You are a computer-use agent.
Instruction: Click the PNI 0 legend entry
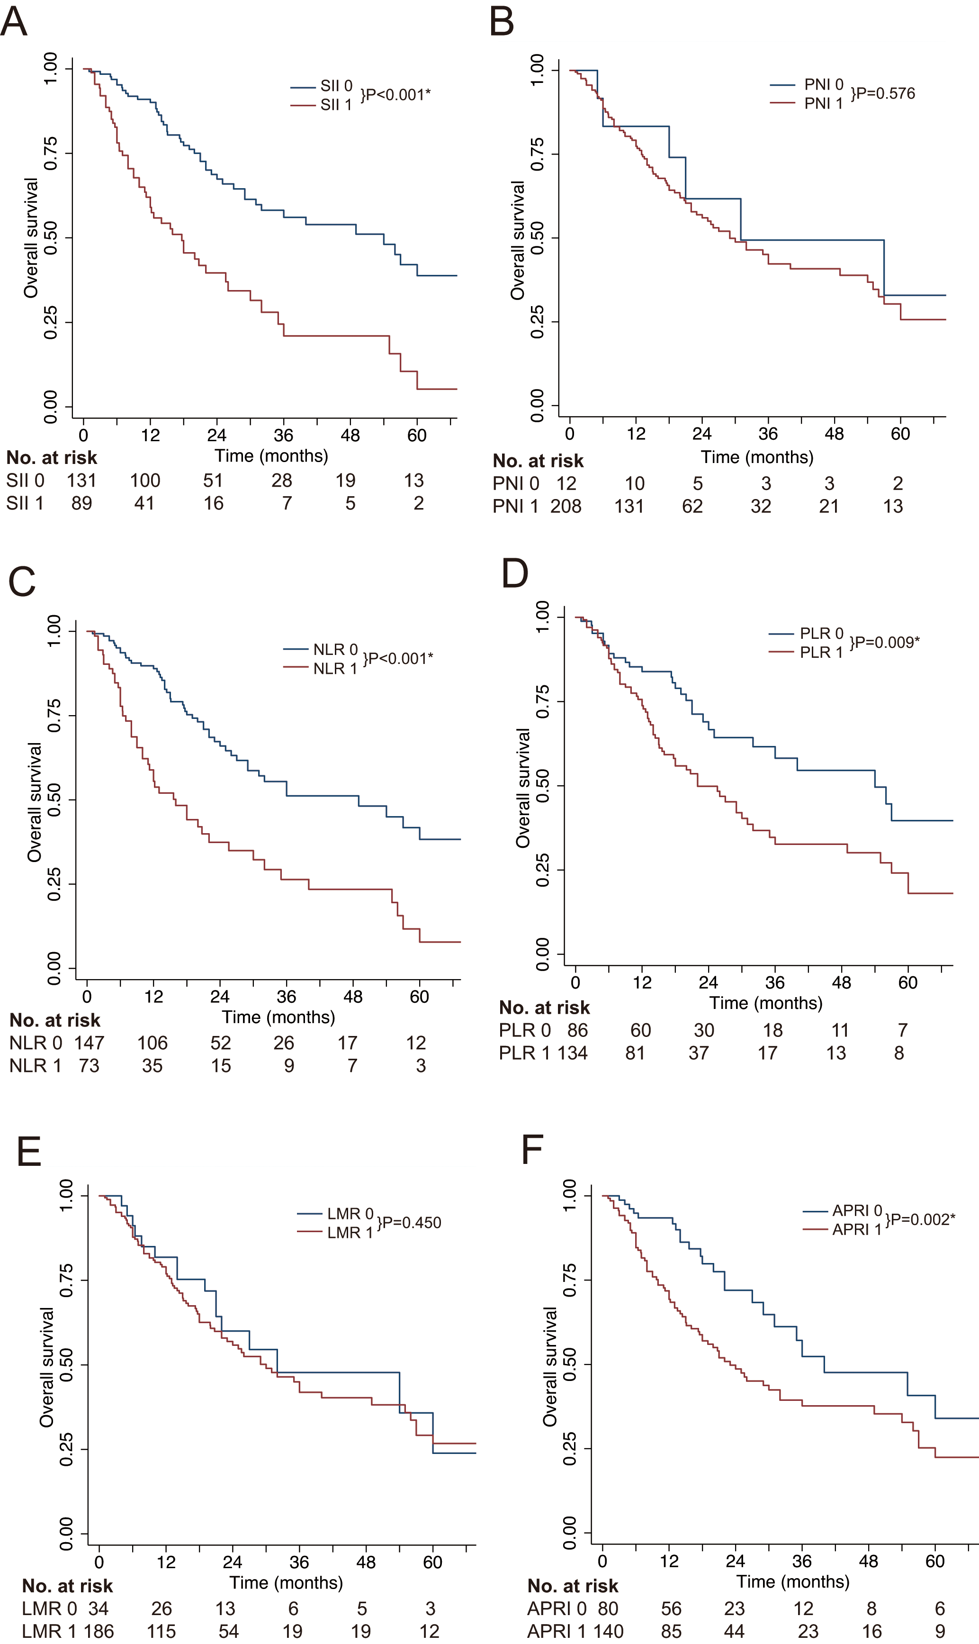tap(807, 84)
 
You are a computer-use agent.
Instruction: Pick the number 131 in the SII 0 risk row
tap(82, 481)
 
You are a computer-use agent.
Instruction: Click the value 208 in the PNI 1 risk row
tap(566, 506)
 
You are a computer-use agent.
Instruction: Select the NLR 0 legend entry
tap(321, 649)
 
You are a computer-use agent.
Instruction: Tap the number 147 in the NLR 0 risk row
tap(89, 1043)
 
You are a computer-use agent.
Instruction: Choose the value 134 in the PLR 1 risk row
tap(572, 1053)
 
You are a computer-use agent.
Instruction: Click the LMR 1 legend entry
tap(335, 1232)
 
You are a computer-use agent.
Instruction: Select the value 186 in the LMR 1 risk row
tap(99, 1632)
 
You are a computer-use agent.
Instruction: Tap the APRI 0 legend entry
tap(843, 1210)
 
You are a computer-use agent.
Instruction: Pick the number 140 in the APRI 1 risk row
tap(608, 1632)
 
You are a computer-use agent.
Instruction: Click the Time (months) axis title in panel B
tap(757, 457)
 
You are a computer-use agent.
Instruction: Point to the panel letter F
tap(532, 1150)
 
